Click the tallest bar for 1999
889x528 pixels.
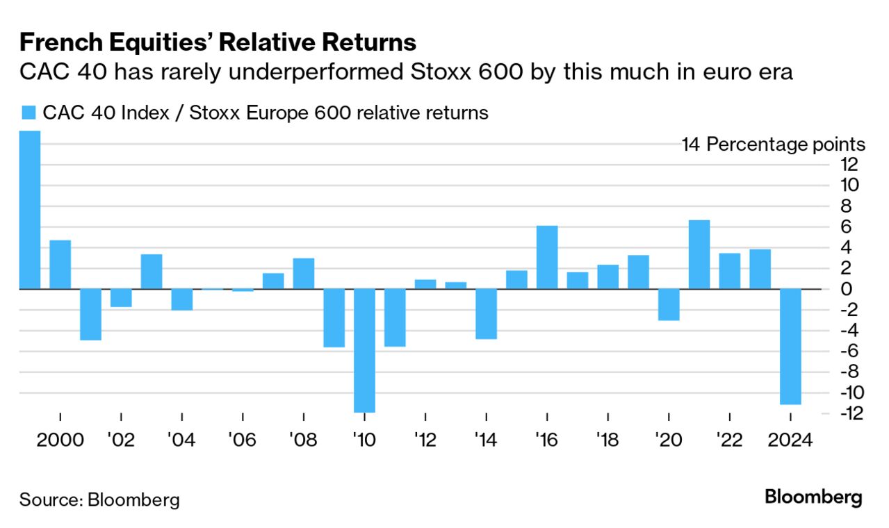pos(29,210)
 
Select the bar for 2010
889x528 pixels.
pos(364,350)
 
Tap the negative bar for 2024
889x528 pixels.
pos(790,346)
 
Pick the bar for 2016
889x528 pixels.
pos(547,257)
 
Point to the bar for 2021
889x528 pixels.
pos(699,254)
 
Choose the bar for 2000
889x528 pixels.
pos(60,264)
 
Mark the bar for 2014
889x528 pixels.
pos(486,313)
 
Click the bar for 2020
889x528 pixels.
pos(669,304)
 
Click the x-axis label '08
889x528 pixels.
pos(304,440)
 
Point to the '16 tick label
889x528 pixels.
pos(547,440)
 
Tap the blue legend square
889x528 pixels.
pos(28,113)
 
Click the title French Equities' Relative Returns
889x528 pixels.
pos(218,43)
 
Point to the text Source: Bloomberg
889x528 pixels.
pos(99,499)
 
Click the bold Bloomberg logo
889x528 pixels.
pos(813,497)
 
